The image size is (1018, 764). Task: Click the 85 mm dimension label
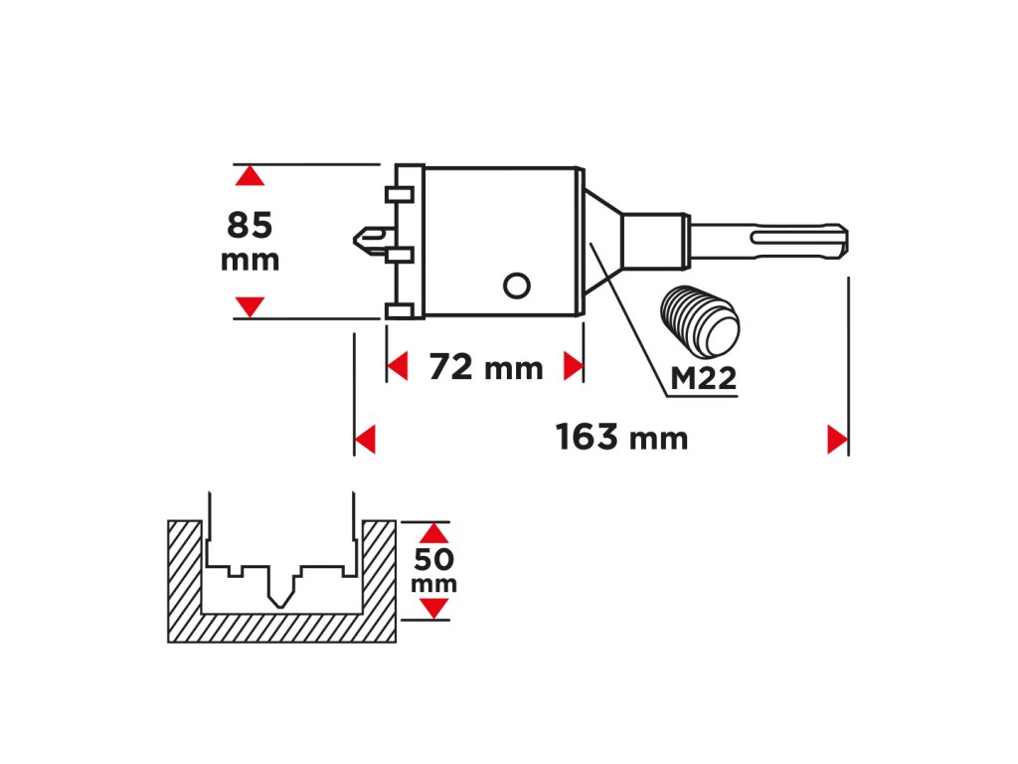(250, 241)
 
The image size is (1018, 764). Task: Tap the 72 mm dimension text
(486, 367)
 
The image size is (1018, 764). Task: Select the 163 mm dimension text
(621, 437)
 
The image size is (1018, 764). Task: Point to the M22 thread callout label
(703, 378)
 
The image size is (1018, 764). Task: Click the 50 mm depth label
(433, 570)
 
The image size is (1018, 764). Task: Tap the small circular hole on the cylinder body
(515, 286)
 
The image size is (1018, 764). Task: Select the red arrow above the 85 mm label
(251, 176)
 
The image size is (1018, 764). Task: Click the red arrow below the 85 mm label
(251, 305)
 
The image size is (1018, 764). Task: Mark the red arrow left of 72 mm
(398, 366)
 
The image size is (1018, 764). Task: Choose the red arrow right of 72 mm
(572, 366)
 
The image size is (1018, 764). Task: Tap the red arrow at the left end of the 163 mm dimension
(365, 439)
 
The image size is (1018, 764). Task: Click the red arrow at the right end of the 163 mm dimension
(836, 439)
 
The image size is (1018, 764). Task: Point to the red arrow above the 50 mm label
(433, 533)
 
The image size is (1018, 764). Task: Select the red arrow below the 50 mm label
(433, 607)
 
